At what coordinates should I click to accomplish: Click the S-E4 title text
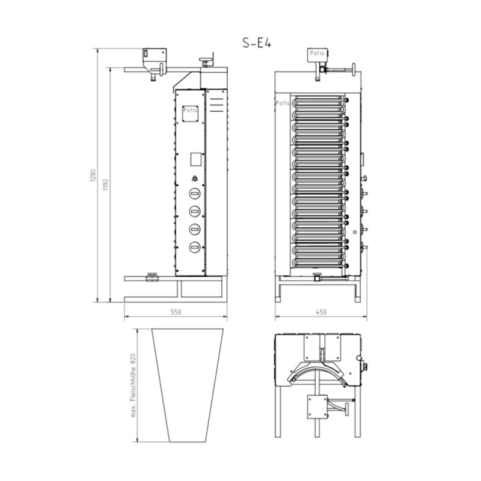coord(257,43)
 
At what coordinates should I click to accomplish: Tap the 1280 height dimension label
coord(93,175)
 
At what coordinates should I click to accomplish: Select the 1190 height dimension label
coord(106,185)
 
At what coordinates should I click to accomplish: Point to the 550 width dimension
coord(176,312)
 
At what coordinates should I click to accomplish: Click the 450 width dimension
coord(321,312)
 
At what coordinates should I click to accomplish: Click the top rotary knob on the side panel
coord(194,194)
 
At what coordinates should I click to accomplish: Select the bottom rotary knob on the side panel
coord(194,247)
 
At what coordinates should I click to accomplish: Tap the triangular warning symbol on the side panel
coord(194,178)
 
